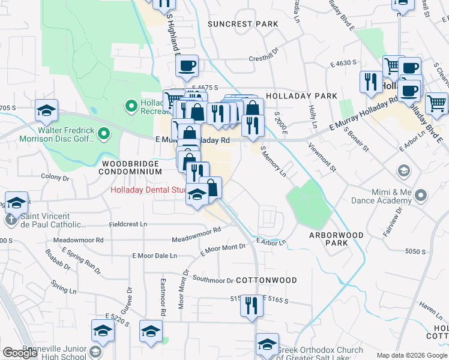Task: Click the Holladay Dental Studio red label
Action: (x=148, y=191)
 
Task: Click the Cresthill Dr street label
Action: (x=265, y=59)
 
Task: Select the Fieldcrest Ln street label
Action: (x=128, y=224)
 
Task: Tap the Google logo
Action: (x=20, y=353)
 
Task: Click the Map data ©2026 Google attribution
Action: (x=411, y=355)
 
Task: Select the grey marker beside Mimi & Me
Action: (x=420, y=195)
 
